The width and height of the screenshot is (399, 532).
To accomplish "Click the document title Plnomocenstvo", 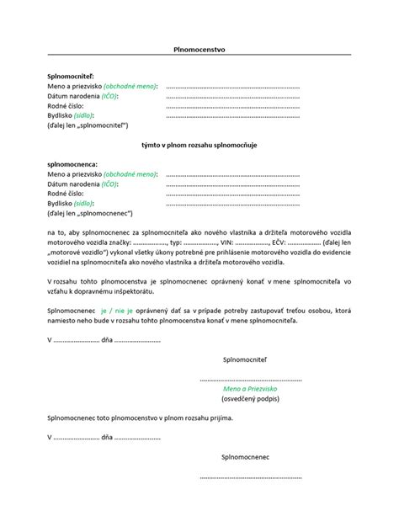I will click(x=199, y=50).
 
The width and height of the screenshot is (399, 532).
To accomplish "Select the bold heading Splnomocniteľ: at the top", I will click(x=72, y=77).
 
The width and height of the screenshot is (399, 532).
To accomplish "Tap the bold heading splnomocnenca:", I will click(x=73, y=164).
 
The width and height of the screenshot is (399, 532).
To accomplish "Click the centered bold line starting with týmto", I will click(x=199, y=145).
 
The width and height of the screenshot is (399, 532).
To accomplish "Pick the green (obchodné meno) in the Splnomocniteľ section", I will click(x=130, y=87).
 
